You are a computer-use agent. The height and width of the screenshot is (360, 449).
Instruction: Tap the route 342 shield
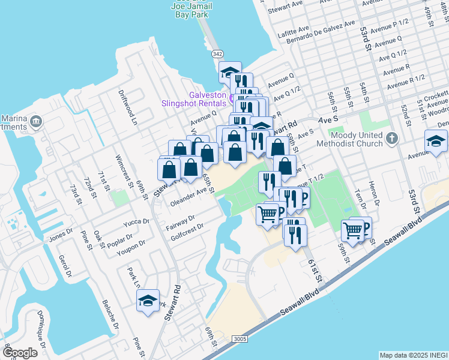click(x=217, y=54)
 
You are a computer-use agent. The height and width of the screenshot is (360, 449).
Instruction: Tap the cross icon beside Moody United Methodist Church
click(x=391, y=139)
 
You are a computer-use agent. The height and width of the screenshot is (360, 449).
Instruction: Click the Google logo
click(x=20, y=353)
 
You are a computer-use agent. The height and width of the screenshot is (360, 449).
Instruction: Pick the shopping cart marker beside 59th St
click(x=353, y=230)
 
